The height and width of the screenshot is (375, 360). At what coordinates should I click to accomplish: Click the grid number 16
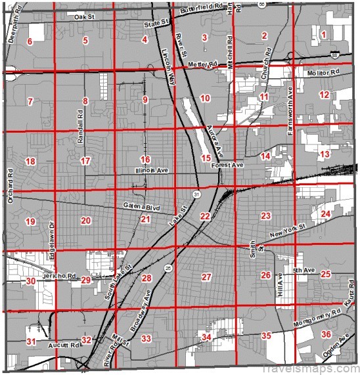(x=145, y=160)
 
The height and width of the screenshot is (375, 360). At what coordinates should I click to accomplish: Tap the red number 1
(x=323, y=34)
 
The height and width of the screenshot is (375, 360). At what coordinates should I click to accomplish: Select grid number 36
(x=326, y=334)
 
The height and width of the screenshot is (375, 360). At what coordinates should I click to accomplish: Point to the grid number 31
(x=31, y=342)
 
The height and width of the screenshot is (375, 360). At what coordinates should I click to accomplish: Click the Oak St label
(x=84, y=16)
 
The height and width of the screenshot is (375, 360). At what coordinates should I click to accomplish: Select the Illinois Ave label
(x=152, y=170)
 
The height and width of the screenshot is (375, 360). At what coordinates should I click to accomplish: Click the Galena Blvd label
(x=142, y=206)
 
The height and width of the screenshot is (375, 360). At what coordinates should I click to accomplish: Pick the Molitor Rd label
(x=325, y=72)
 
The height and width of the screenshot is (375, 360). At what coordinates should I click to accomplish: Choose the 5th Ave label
(x=301, y=270)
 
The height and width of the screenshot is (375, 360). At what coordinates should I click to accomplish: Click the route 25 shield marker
(x=169, y=268)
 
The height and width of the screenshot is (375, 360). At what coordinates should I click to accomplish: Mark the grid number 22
(x=205, y=216)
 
